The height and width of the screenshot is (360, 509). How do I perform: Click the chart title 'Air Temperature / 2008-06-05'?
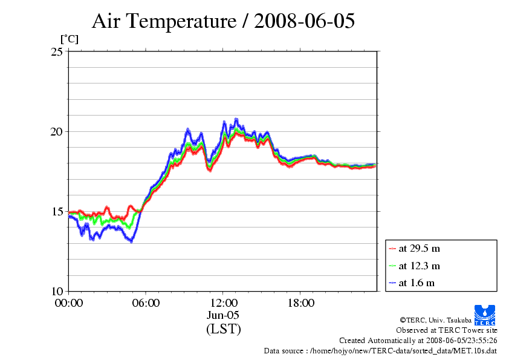pos(223,21)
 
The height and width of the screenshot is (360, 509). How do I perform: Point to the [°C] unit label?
pos(69,39)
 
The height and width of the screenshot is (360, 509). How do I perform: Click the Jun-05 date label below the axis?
pos(223,315)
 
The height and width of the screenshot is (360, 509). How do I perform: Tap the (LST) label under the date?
pos(223,329)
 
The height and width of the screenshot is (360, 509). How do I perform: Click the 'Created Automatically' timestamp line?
pos(418,341)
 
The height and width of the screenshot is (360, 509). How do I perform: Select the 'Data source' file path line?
pos(380,351)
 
